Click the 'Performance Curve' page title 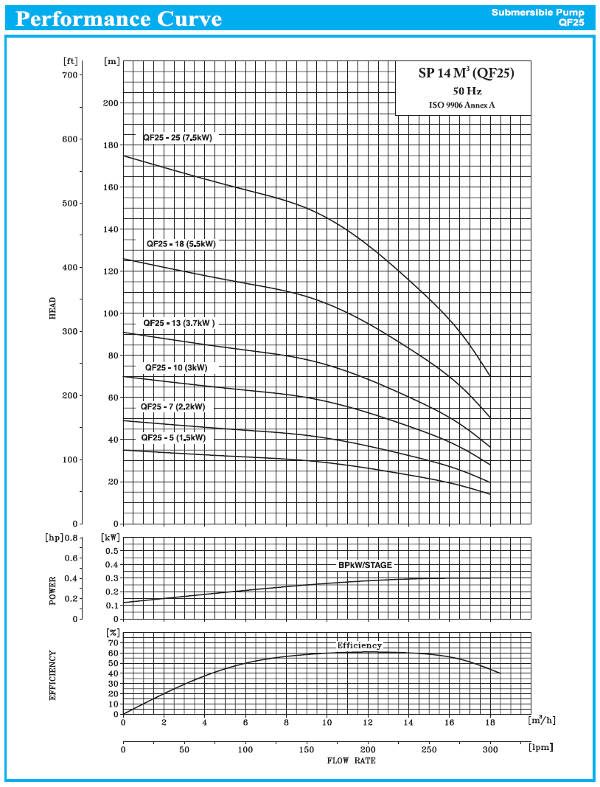pyautogui.click(x=118, y=18)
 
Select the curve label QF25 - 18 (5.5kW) pyautogui.click(x=181, y=243)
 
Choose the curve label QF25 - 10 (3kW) pyautogui.click(x=176, y=367)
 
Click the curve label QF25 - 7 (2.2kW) pyautogui.click(x=173, y=406)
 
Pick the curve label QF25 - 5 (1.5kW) pyautogui.click(x=173, y=437)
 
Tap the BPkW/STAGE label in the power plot pyautogui.click(x=365, y=565)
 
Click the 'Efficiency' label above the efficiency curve pyautogui.click(x=360, y=645)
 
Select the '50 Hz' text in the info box pyautogui.click(x=467, y=91)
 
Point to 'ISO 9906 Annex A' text pyautogui.click(x=462, y=105)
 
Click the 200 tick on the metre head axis pyautogui.click(x=111, y=103)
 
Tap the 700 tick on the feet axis pyautogui.click(x=70, y=75)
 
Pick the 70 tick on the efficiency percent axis pyautogui.click(x=112, y=633)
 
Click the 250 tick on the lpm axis pyautogui.click(x=429, y=750)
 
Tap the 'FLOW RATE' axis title pyautogui.click(x=351, y=760)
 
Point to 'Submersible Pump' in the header pyautogui.click(x=538, y=13)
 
